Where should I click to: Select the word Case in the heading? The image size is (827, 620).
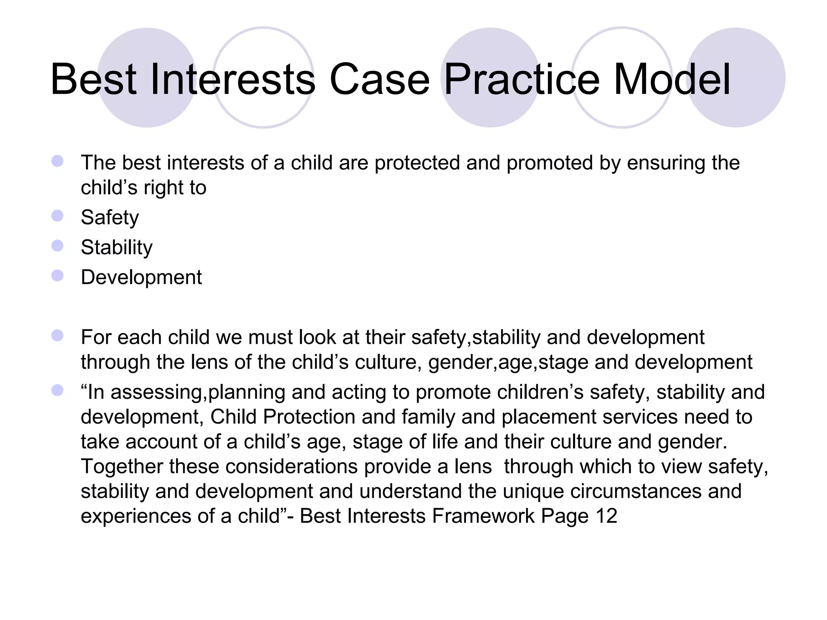380,80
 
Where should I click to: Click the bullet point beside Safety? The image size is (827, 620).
57,216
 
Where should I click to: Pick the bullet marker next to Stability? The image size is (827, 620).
57,246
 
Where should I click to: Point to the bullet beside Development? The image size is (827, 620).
57,276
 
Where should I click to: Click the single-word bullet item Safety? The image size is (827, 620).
110,218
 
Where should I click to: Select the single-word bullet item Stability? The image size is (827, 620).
117,247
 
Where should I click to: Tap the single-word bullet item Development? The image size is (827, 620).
141,277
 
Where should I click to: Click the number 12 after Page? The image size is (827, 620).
606,516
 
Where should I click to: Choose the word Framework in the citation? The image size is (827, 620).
483,516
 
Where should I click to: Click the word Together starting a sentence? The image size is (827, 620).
122,467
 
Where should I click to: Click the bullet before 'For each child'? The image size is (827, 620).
57,335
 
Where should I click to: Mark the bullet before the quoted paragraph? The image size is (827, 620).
57,390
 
